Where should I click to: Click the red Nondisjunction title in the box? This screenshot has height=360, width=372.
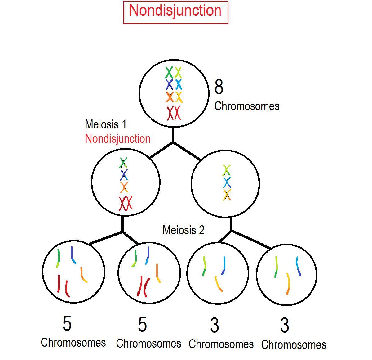click(x=175, y=11)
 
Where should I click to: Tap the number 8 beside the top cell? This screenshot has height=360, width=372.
click(x=219, y=87)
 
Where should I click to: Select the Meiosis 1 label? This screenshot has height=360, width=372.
click(x=106, y=124)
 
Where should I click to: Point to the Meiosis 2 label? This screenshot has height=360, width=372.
click(x=184, y=230)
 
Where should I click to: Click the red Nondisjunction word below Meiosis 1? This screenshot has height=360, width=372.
click(x=118, y=139)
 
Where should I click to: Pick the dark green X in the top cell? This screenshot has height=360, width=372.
click(x=169, y=73)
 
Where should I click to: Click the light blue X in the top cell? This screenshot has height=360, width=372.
click(x=179, y=84)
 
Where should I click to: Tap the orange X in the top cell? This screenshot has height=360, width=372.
click(x=170, y=97)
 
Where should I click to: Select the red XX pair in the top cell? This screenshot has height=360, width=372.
click(x=174, y=113)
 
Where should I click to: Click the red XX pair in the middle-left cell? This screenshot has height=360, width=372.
click(x=126, y=203)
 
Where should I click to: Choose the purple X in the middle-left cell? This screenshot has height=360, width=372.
click(x=124, y=175)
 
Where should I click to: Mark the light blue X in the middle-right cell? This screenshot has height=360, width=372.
click(x=227, y=182)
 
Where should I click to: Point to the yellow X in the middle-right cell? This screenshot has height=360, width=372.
click(x=227, y=195)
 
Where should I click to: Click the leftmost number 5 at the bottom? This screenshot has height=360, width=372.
click(x=67, y=323)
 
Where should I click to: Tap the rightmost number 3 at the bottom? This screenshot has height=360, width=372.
click(x=285, y=326)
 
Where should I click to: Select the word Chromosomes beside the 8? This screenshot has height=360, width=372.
click(x=247, y=106)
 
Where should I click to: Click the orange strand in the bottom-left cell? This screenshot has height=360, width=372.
click(x=83, y=275)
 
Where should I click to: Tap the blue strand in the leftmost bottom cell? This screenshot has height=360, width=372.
click(x=73, y=255)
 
